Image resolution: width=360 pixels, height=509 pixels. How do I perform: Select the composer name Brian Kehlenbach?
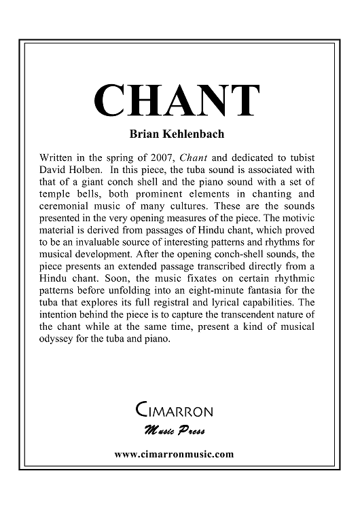click(180, 133)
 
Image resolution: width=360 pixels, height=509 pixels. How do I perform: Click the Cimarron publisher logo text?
click(175, 411)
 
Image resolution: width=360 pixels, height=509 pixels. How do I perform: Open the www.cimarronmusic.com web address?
click(175, 453)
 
